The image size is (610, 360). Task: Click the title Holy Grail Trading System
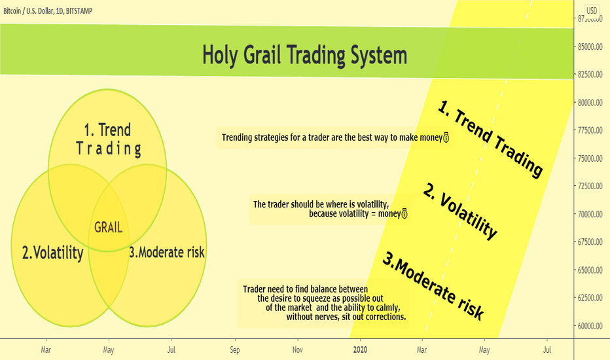[304, 56]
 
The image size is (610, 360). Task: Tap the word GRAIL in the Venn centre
[109, 227]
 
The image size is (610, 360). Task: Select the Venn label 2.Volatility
[52, 253]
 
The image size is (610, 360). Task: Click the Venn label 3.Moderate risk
[166, 252]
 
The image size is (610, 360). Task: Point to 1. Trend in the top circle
[107, 130]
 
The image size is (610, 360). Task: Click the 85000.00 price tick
[590, 46]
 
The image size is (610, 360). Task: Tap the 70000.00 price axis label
[590, 214]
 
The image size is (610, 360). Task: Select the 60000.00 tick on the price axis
[590, 326]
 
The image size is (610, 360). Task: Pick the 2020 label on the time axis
[360, 350]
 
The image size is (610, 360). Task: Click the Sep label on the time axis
[234, 350]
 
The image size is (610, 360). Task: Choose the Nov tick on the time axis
[298, 350]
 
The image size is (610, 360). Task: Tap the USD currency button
[592, 10]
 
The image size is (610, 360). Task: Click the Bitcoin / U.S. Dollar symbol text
[28, 11]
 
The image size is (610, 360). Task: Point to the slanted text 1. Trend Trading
[490, 138]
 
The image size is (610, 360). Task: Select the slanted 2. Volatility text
[460, 211]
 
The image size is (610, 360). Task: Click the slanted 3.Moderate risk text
[433, 286]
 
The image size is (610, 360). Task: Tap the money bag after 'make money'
[446, 137]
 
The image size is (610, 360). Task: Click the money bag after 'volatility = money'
[404, 213]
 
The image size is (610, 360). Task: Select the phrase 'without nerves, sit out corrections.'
[346, 317]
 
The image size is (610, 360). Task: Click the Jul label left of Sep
[171, 350]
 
